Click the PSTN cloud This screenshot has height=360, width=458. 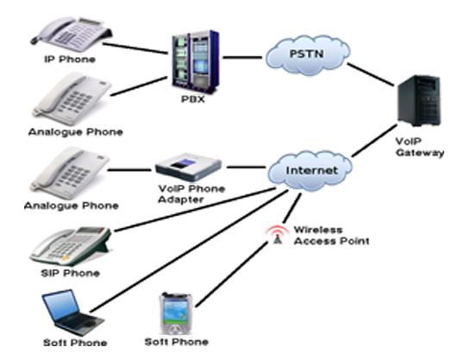pyautogui.click(x=308, y=55)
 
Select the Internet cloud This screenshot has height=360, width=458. pyautogui.click(x=311, y=171)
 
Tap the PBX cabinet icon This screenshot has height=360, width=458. pyautogui.click(x=195, y=60)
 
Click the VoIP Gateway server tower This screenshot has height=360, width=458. pyautogui.click(x=419, y=100)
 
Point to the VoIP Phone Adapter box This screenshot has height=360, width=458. pyautogui.click(x=188, y=167)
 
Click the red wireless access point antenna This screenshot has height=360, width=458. pyautogui.click(x=277, y=235)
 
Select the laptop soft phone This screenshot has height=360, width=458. pyautogui.click(x=72, y=313)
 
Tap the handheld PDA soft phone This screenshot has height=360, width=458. pyautogui.click(x=176, y=313)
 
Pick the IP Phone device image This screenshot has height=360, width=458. pyautogui.click(x=72, y=31)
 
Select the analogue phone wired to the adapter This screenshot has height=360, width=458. pyautogui.click(x=70, y=173)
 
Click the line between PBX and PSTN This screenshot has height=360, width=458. pyautogui.click(x=242, y=57)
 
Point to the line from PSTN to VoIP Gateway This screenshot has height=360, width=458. pyautogui.click(x=370, y=74)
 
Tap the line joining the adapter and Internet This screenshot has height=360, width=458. pyautogui.click(x=246, y=167)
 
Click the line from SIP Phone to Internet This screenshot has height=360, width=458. pyautogui.click(x=195, y=210)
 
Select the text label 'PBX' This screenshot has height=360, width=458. pyautogui.click(x=193, y=99)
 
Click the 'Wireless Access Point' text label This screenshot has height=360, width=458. pyautogui.click(x=331, y=236)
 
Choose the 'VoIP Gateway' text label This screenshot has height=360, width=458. pyautogui.click(x=420, y=147)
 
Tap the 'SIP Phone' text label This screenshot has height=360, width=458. pyautogui.click(x=71, y=273)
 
